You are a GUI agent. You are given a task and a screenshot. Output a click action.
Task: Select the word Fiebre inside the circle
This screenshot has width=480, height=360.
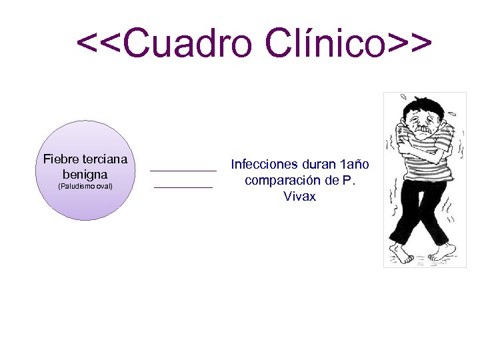61,159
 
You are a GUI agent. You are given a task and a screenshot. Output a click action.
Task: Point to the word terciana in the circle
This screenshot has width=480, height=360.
104,159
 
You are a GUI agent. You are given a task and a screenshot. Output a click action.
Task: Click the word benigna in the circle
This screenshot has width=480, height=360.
85,174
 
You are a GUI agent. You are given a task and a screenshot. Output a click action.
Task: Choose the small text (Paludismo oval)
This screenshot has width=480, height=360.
85,187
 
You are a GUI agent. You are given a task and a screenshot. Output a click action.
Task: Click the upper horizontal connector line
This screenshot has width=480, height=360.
183,171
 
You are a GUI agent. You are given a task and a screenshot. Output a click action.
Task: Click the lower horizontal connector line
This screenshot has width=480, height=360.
183,188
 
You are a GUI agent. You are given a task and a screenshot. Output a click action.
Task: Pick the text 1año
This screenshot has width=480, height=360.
354,164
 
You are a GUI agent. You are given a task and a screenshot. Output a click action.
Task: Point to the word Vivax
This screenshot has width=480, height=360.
299,197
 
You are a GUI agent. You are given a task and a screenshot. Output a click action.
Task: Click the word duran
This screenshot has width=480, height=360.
319,164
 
